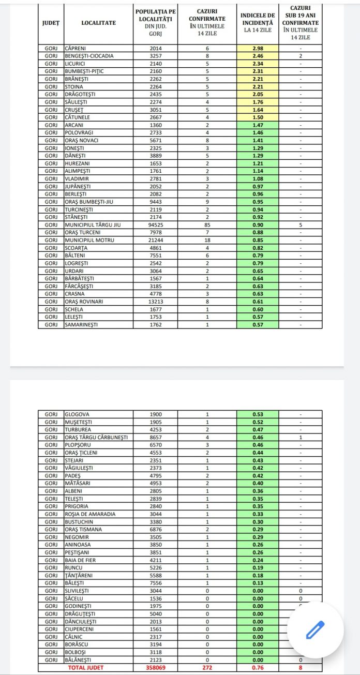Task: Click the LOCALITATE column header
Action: [98, 23]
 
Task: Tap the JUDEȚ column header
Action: [51, 23]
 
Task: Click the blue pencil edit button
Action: [314, 629]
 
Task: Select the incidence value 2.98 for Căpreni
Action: [258, 49]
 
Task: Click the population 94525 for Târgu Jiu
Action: [155, 225]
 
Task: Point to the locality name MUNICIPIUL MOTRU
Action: [89, 241]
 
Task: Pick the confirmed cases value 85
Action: [207, 225]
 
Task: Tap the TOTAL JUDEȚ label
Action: [85, 667]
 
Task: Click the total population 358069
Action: [155, 667]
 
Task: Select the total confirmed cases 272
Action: [207, 667]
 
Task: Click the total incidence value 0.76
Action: [258, 667]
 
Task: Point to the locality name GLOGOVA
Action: [77, 414]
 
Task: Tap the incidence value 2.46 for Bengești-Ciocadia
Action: [258, 56]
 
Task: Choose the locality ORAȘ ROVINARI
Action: [84, 302]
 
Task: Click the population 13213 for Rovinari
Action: [155, 302]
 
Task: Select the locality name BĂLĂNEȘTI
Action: [81, 659]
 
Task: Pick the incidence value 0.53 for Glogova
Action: [258, 414]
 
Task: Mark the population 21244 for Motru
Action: [155, 241]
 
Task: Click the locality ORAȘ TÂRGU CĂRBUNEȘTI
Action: [96, 437]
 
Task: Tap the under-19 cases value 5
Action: [300, 225]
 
